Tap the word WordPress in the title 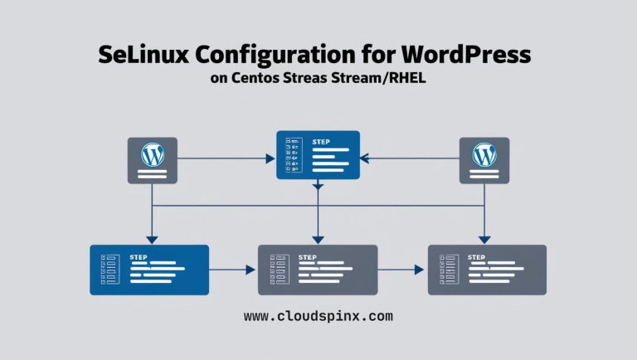[x=465, y=56]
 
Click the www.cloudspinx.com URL [x=318, y=316]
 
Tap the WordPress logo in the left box [x=152, y=153]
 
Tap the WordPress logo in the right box [x=484, y=153]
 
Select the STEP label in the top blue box [x=321, y=143]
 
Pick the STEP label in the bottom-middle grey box [x=307, y=257]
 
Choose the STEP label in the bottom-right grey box [x=477, y=257]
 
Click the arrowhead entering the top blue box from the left [x=270, y=157]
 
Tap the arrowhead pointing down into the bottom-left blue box [x=152, y=240]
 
